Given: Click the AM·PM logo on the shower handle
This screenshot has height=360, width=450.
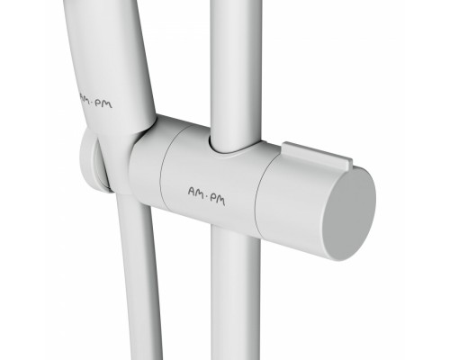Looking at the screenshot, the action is (95, 102).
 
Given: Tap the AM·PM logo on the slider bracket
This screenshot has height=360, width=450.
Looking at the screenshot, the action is (206, 196).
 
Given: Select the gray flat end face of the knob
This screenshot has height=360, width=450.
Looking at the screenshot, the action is (350, 214).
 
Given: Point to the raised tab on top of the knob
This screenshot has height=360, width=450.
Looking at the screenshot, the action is (317, 155).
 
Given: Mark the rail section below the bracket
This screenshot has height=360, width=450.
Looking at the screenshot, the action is (236, 294).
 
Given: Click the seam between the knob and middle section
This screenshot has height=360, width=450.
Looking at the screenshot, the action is (258, 192).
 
